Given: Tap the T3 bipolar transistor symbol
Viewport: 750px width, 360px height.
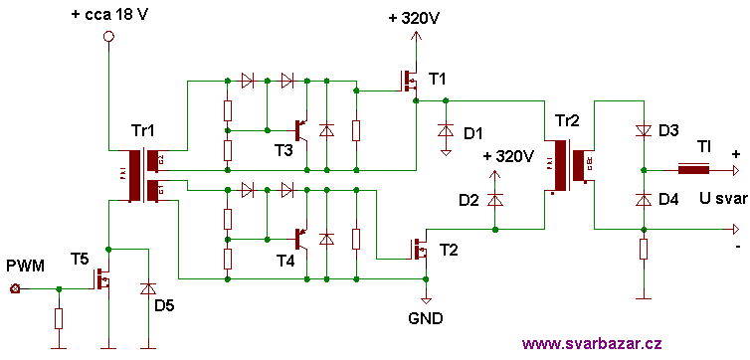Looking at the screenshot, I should click(x=300, y=130).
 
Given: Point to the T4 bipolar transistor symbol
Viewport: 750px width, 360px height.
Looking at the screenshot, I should click(x=300, y=239).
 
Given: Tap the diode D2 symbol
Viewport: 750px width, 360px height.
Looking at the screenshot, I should click(x=495, y=199).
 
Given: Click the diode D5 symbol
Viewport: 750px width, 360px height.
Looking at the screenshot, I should click(x=148, y=288).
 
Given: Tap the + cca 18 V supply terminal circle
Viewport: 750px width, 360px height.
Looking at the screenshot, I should click(x=109, y=37).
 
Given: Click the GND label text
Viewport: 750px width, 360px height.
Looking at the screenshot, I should click(x=426, y=319).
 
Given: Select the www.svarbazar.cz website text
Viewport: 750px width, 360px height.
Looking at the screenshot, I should click(x=591, y=343).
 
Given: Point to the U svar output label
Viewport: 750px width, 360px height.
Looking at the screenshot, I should click(x=722, y=199).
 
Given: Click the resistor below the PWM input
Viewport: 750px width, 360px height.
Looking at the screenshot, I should click(x=60, y=318).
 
